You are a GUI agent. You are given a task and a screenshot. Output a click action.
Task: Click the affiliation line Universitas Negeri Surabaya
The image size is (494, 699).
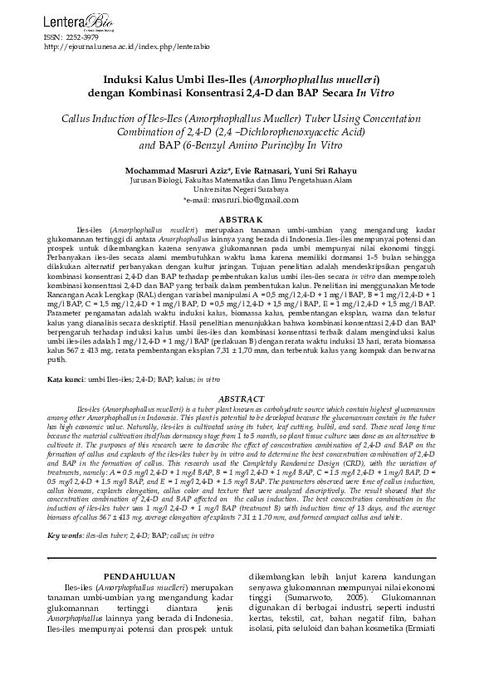pos(247,190)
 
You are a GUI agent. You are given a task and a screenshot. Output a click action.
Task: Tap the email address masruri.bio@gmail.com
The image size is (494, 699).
pos(257,201)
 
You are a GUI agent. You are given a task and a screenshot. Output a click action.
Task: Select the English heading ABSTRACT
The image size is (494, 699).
pos(247,398)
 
